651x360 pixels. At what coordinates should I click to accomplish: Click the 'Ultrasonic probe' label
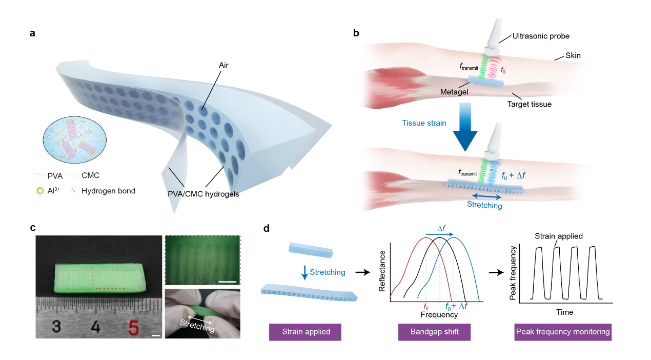point(541,36)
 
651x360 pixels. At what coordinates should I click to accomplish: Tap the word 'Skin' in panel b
point(573,55)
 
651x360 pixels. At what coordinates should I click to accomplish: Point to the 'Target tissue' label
point(530,104)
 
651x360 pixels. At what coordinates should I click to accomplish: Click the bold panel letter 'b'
point(356,34)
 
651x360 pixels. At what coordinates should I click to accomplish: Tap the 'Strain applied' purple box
point(305,332)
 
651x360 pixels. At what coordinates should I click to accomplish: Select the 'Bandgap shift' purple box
point(434,332)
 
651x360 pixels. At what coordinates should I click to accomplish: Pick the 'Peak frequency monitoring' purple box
point(563,332)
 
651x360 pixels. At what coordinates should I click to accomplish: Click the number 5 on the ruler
point(134,327)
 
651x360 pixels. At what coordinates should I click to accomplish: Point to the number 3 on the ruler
point(56,327)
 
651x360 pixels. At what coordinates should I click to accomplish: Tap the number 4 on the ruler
point(95,327)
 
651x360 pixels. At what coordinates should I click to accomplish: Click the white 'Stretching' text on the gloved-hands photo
point(197,325)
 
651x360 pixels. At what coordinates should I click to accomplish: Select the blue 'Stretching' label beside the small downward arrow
point(328,272)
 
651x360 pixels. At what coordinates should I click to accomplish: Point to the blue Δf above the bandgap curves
point(439,228)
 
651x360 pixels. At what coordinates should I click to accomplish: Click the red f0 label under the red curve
point(426,307)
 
